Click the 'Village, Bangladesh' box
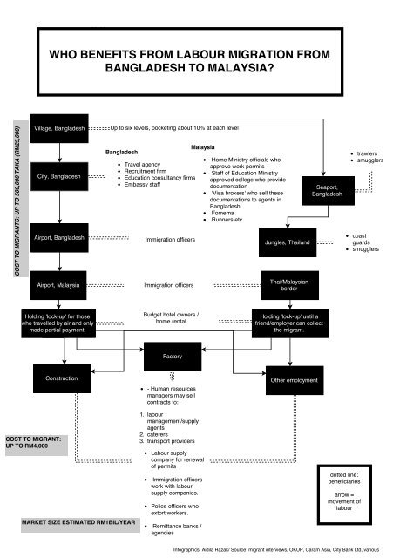(59, 129)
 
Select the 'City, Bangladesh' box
(59, 177)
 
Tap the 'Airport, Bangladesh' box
(59, 238)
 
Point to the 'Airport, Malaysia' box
(59, 285)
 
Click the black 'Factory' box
(172, 357)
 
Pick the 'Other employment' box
(290, 380)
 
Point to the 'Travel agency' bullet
(147, 164)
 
